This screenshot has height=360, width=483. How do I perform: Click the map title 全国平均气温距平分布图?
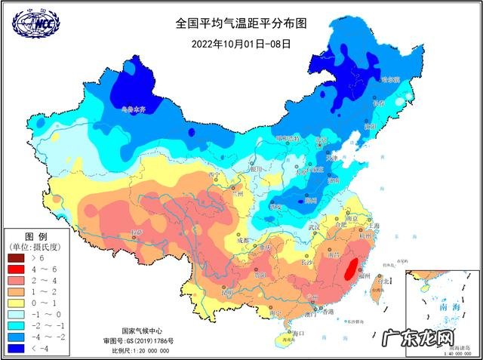point(240,23)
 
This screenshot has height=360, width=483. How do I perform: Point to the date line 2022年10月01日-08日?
point(241,43)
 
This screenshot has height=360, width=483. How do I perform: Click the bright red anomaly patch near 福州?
point(350,269)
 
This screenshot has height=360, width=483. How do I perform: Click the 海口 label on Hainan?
point(297,332)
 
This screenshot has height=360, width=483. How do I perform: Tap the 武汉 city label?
point(314,226)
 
